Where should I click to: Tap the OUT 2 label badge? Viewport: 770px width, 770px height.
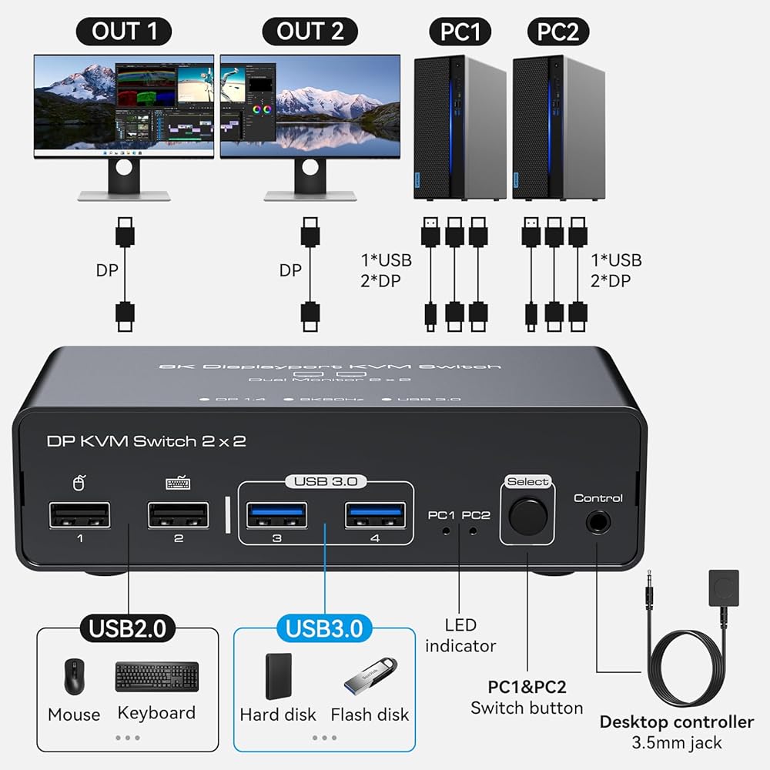click(310, 32)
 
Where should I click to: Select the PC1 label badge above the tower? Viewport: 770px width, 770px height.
click(460, 32)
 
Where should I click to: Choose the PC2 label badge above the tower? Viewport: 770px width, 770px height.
click(558, 32)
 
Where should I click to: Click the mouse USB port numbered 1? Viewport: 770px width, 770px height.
click(80, 515)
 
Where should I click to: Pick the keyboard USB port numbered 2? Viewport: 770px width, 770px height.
click(179, 515)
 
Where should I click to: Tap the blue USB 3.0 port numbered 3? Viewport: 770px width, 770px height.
click(277, 515)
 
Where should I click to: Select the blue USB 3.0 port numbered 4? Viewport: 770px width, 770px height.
click(375, 515)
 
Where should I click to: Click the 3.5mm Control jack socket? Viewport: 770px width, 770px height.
click(598, 524)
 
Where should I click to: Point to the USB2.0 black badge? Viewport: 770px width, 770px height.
click(128, 628)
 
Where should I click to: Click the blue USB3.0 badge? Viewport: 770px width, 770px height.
click(324, 628)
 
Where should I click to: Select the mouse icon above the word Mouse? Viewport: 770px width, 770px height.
click(74, 676)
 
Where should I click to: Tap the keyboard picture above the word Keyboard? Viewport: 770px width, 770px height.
click(157, 676)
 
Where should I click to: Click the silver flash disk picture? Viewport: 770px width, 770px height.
click(370, 674)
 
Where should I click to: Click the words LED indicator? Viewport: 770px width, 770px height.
click(460, 635)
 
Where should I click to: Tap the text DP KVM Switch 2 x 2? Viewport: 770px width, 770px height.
click(146, 441)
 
